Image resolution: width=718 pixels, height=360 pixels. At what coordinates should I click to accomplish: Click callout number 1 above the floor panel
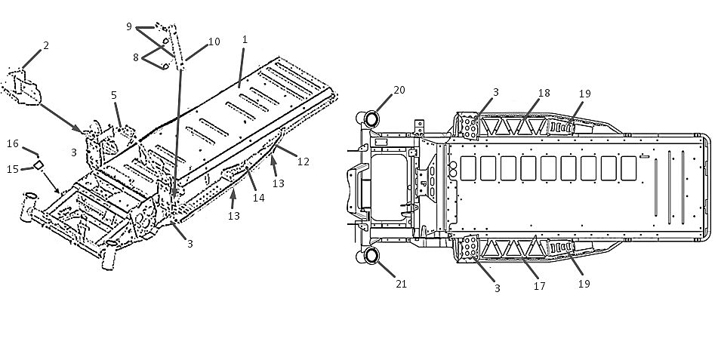point(245,40)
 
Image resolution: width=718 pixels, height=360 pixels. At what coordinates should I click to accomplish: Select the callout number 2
point(46,45)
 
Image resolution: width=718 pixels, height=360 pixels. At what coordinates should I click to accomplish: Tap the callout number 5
point(114,95)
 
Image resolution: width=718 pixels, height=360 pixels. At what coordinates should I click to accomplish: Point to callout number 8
point(136,58)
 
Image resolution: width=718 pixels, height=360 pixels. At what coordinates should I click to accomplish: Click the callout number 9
point(129,26)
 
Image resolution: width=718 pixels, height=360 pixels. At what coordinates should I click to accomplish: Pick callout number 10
point(214,42)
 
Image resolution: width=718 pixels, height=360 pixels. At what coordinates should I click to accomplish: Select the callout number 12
point(304,162)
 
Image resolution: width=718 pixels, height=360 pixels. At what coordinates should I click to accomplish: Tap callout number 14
point(259,198)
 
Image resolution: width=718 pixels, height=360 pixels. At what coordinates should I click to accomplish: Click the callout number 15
point(13,170)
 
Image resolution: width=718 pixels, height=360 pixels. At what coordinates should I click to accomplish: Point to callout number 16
point(13,144)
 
